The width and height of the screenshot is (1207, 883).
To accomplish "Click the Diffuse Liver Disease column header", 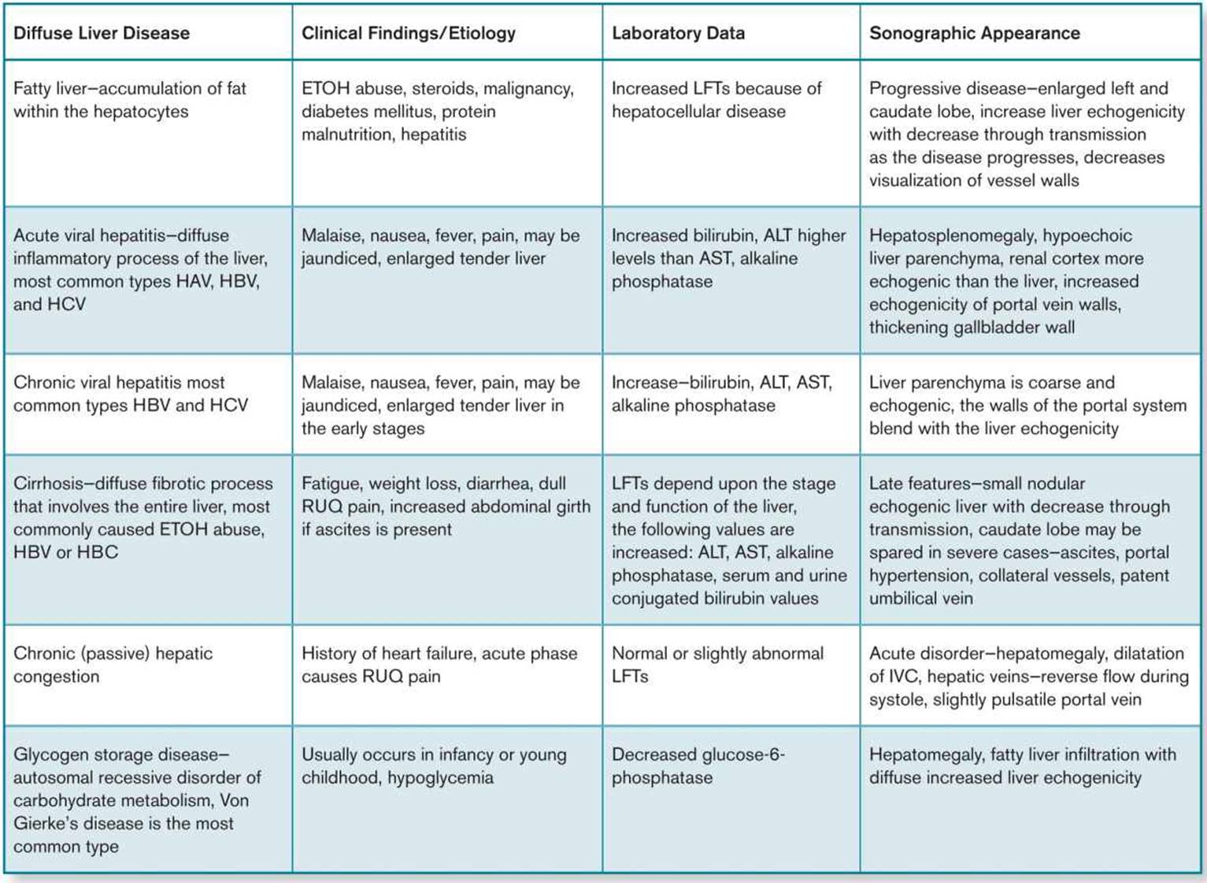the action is [x=102, y=33].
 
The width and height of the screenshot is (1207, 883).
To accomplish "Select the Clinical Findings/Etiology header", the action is [x=409, y=33].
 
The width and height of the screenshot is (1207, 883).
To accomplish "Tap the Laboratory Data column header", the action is [x=679, y=33].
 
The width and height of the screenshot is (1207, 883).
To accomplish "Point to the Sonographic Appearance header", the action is [x=975, y=33].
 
